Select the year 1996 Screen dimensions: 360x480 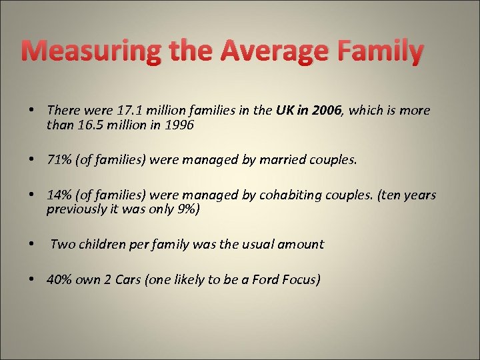[179, 124]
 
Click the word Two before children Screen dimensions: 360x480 [63, 244]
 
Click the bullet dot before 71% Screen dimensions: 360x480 [31, 160]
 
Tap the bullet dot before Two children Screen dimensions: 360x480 [31, 244]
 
